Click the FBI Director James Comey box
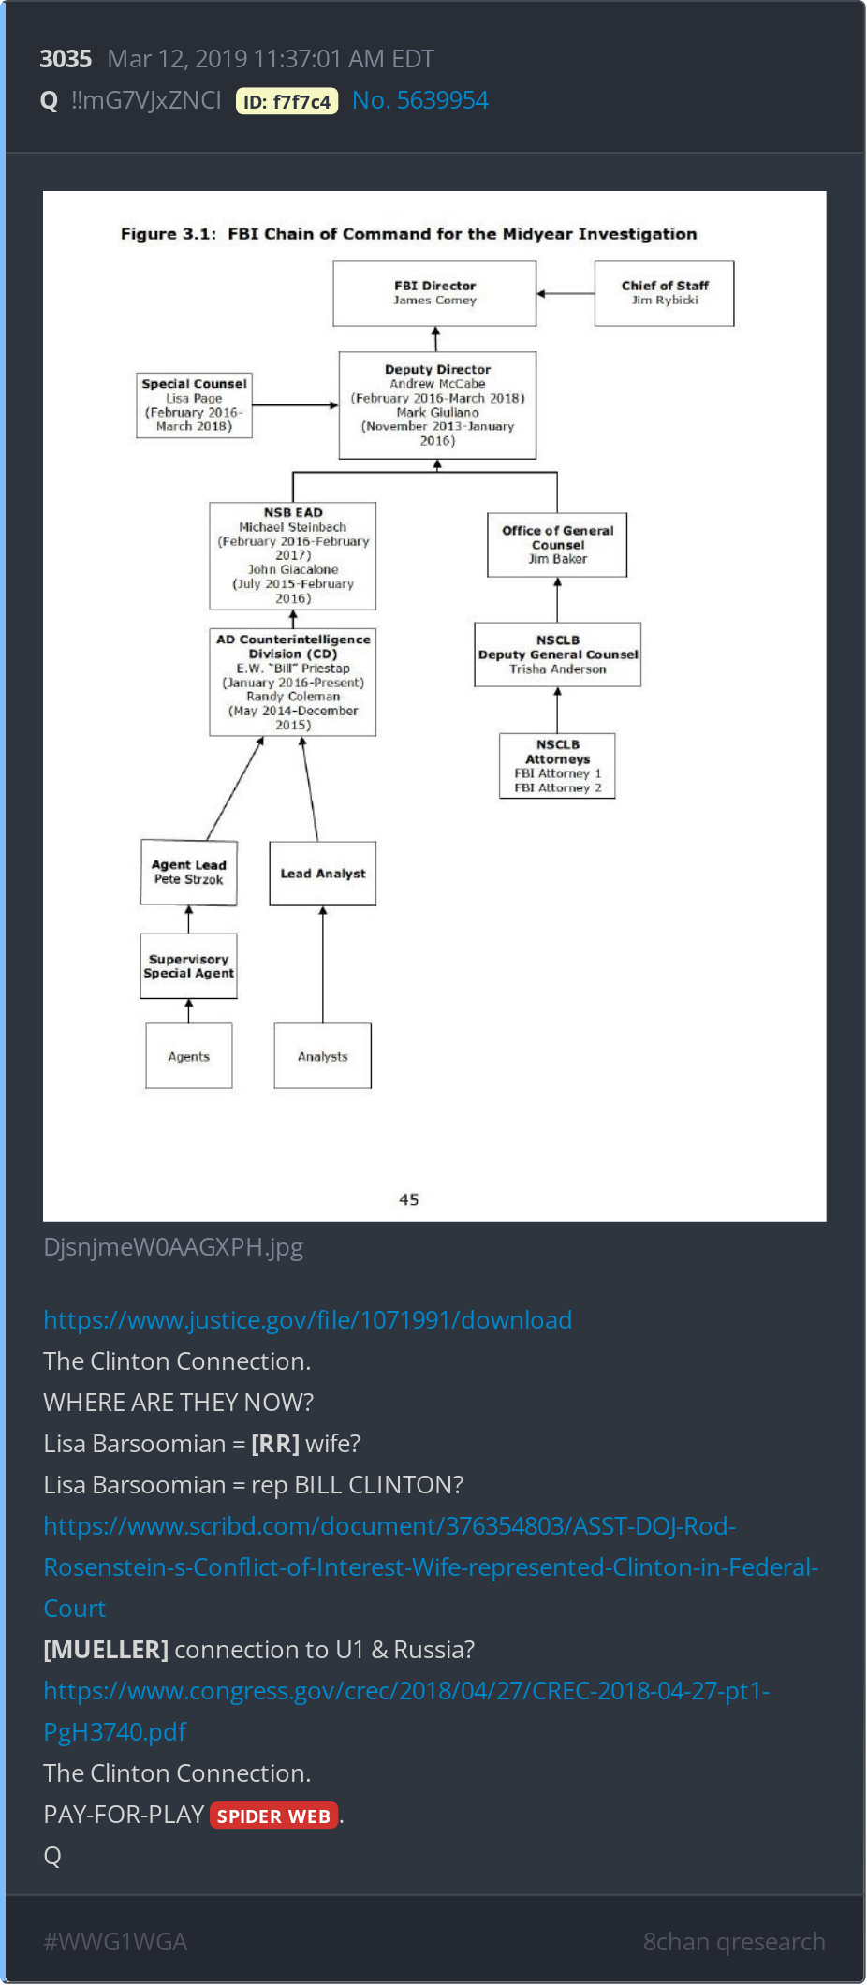pyautogui.click(x=434, y=293)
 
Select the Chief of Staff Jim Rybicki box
pyautogui.click(x=664, y=293)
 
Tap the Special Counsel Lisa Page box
pyautogui.click(x=194, y=404)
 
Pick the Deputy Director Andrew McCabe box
pyautogui.click(x=437, y=404)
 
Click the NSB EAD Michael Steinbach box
pyautogui.click(x=293, y=556)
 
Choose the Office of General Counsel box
pyautogui.click(x=557, y=544)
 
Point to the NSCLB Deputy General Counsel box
pyautogui.click(x=558, y=654)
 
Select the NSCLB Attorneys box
pyautogui.click(x=557, y=765)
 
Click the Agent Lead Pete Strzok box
pyautogui.click(x=188, y=873)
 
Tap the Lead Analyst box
pyautogui.click(x=323, y=874)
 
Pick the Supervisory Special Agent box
pyautogui.click(x=188, y=966)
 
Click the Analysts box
pyautogui.click(x=323, y=1056)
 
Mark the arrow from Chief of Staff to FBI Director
pyautogui.click(x=566, y=294)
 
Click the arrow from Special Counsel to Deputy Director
pyautogui.click(x=296, y=405)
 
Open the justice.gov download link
pyautogui.click(x=307, y=1319)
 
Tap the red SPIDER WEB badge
pyautogui.click(x=273, y=1816)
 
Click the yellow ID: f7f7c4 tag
pyautogui.click(x=287, y=101)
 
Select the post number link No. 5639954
pyautogui.click(x=420, y=100)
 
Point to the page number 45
pyautogui.click(x=409, y=1199)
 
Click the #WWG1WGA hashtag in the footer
pyautogui.click(x=115, y=1941)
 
